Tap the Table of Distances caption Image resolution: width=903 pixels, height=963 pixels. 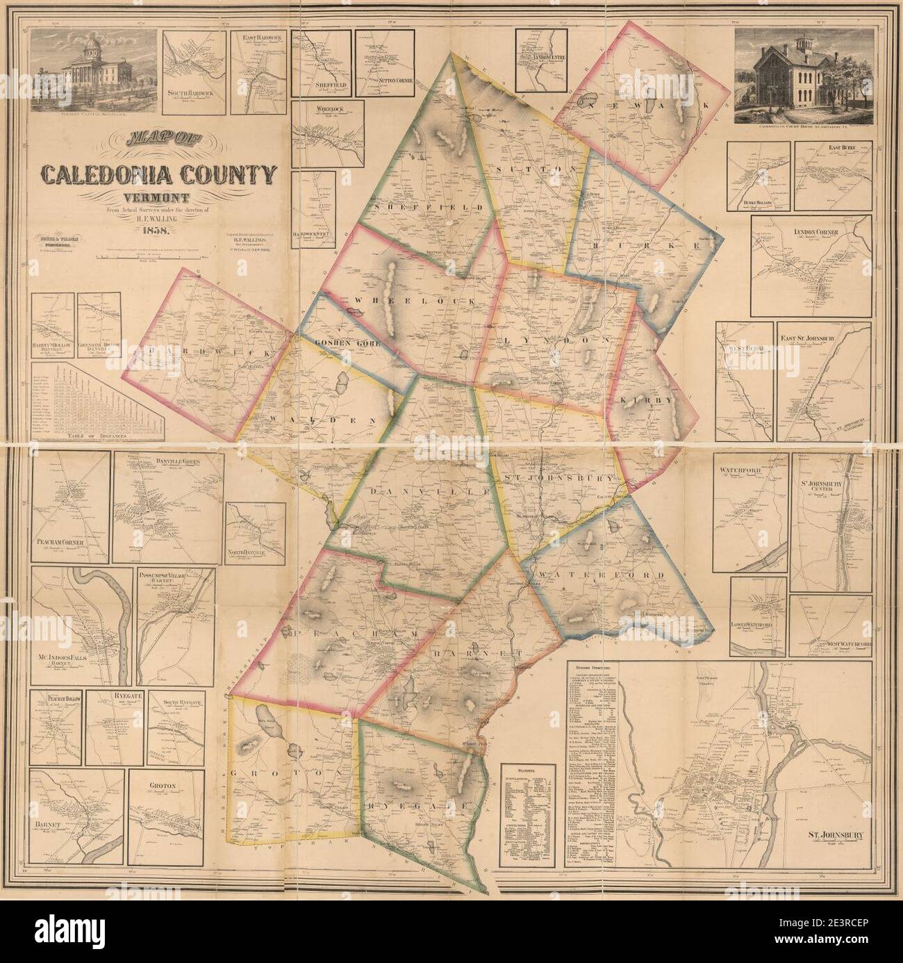coord(98,437)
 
